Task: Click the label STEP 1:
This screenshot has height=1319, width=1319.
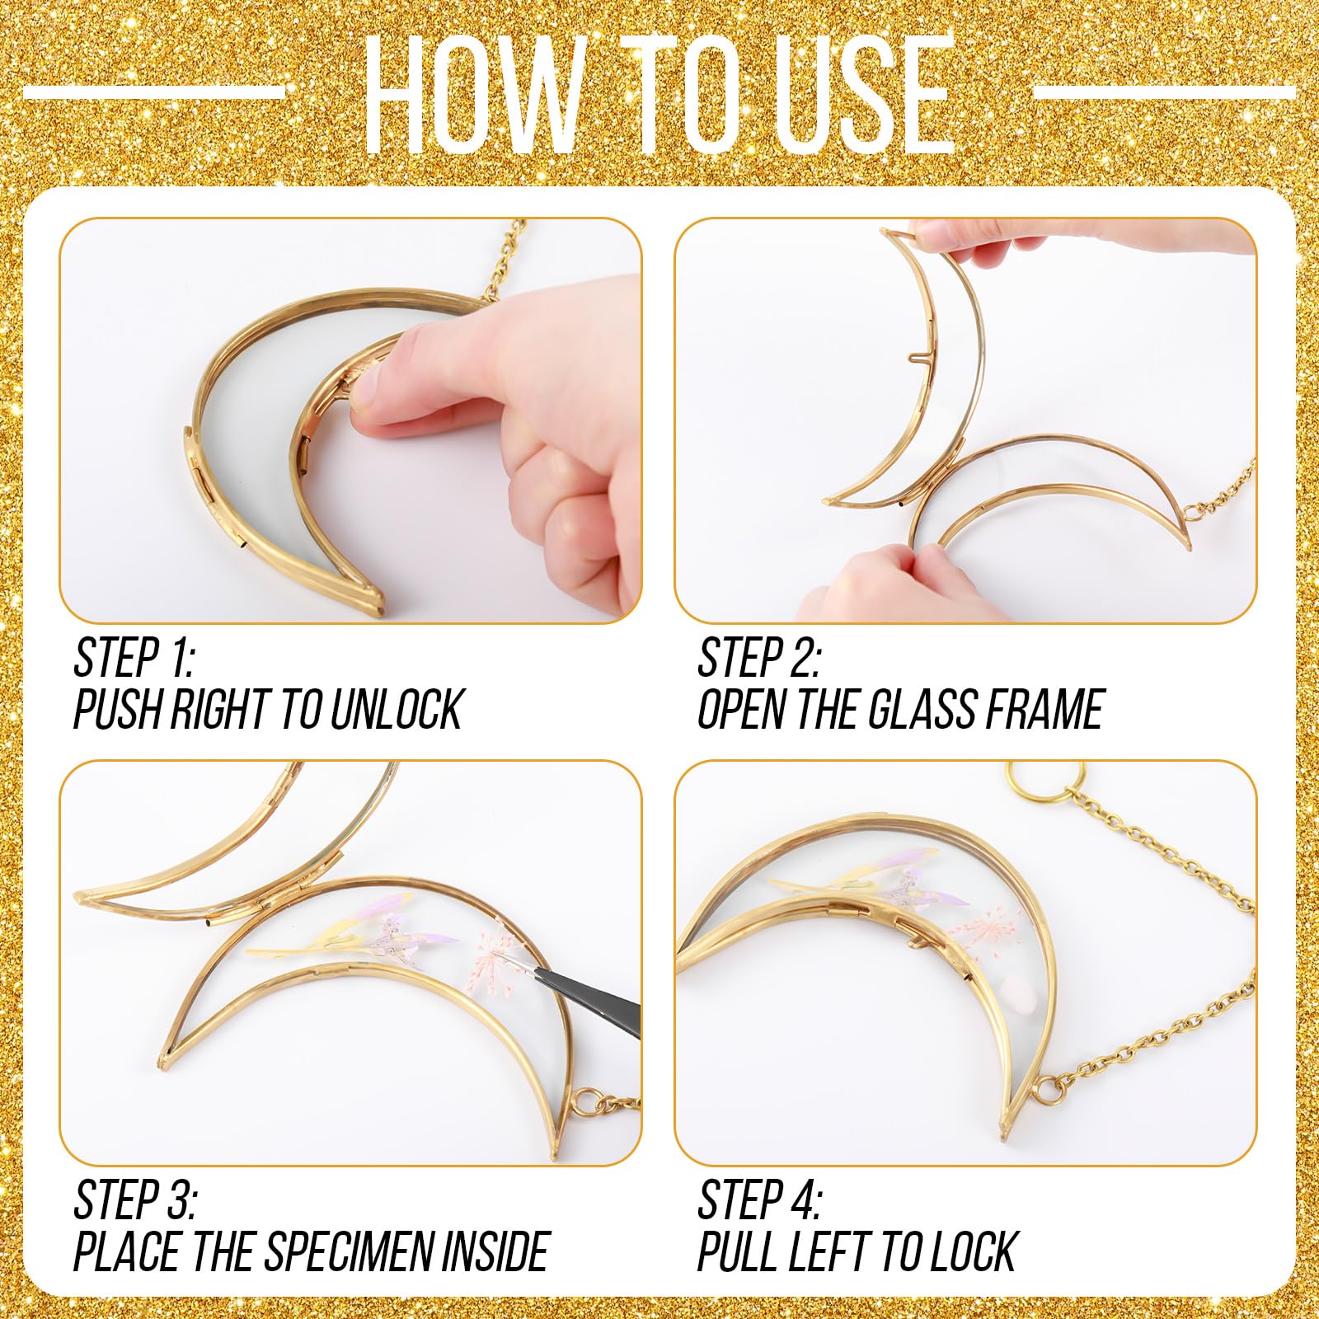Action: click(x=134, y=657)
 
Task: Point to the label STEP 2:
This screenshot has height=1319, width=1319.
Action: click(x=758, y=657)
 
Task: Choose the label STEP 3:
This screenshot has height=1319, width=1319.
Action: click(x=134, y=1199)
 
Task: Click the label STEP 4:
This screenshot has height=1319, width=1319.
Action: click(x=759, y=1199)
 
